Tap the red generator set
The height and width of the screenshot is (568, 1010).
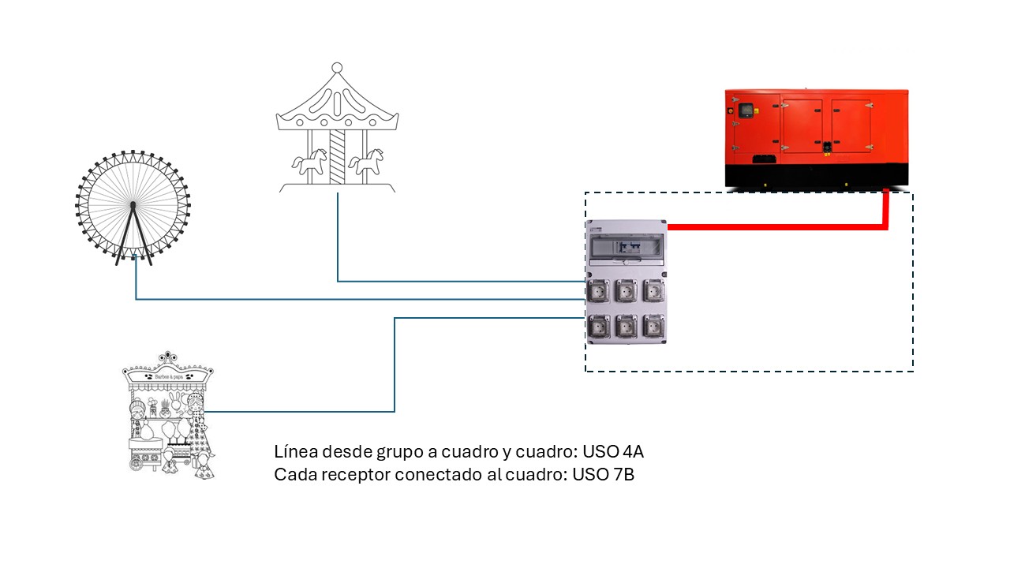tap(817, 138)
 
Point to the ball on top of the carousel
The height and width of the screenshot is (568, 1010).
tap(337, 67)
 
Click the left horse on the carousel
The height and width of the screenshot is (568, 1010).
tap(309, 163)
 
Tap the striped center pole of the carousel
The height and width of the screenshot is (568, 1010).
tap(337, 158)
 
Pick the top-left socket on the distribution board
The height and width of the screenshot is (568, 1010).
tap(600, 291)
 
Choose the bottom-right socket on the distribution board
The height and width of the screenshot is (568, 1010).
tap(653, 325)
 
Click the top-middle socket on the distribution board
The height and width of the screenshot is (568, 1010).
tap(627, 291)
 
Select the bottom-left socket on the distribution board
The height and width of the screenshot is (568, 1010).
tap(600, 325)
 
